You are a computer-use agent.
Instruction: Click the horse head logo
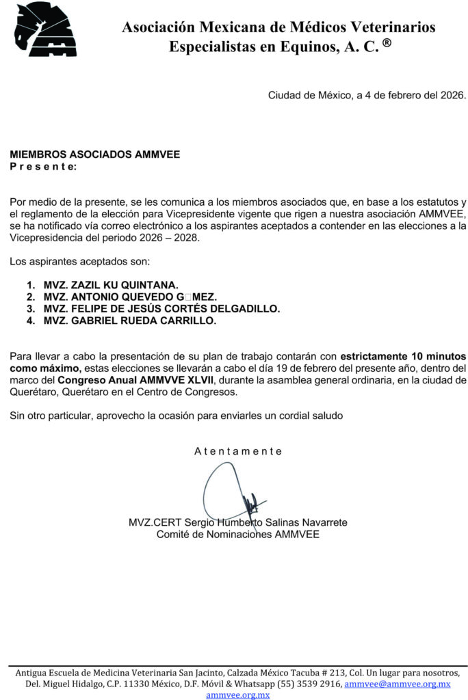coord(46,29)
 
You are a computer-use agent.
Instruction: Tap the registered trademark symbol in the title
coord(387,44)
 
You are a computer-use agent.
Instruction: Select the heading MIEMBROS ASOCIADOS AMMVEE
coord(95,154)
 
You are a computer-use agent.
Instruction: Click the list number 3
coord(30,308)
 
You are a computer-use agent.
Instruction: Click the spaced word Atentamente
coord(238,451)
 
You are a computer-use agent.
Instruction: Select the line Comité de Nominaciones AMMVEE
coord(237,534)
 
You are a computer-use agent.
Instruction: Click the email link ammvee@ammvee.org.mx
coord(398,684)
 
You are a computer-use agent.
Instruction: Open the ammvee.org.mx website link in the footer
coord(238,695)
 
